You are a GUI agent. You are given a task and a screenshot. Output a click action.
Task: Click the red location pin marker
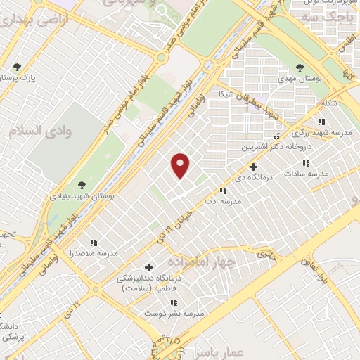click(x=181, y=166)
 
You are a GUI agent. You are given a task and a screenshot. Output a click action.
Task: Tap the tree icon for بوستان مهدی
click(x=300, y=67)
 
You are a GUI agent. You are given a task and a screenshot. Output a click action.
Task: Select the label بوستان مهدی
click(x=300, y=80)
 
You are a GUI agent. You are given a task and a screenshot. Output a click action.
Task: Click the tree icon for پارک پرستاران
click(x=18, y=67)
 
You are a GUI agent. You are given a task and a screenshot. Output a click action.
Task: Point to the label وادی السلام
click(x=35, y=131)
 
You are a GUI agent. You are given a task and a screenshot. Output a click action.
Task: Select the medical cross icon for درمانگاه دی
click(x=253, y=167)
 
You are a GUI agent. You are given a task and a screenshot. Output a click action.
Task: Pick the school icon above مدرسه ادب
click(x=224, y=190)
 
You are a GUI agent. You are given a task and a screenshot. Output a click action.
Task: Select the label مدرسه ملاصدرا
click(x=93, y=252)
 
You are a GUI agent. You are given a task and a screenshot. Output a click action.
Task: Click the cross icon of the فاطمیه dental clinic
click(x=148, y=267)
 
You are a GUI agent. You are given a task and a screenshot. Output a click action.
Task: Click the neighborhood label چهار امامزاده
click(x=208, y=261)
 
